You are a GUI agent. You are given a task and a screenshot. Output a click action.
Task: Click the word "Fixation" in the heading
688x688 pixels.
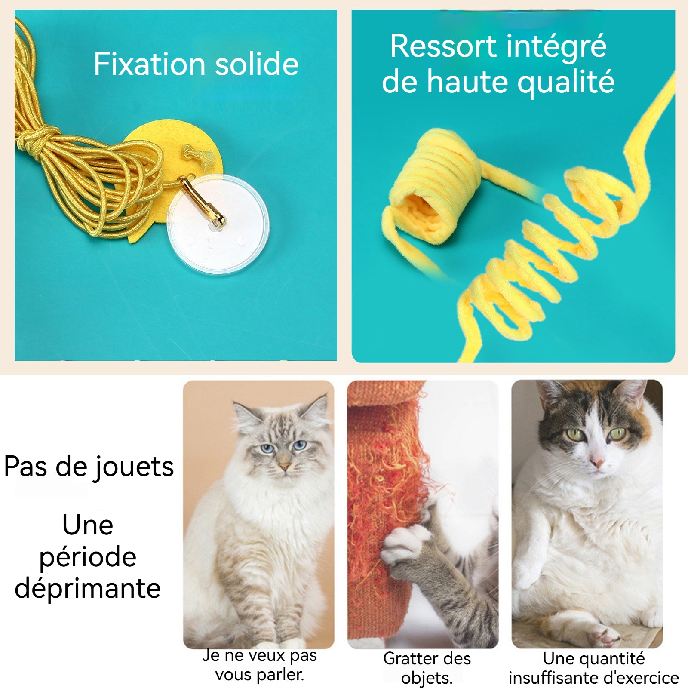coord(150,64)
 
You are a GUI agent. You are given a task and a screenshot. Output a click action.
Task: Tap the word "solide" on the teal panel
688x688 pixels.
coord(257,64)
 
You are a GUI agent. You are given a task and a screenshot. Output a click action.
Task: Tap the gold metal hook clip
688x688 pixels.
coord(202,200)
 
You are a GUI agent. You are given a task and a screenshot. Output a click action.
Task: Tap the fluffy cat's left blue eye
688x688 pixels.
coord(267,449)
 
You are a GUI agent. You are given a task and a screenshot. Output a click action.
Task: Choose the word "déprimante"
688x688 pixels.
coord(88,588)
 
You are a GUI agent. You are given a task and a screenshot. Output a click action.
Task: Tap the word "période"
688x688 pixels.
coord(88,557)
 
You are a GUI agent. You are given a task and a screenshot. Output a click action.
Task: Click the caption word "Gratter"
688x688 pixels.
coord(408,659)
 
